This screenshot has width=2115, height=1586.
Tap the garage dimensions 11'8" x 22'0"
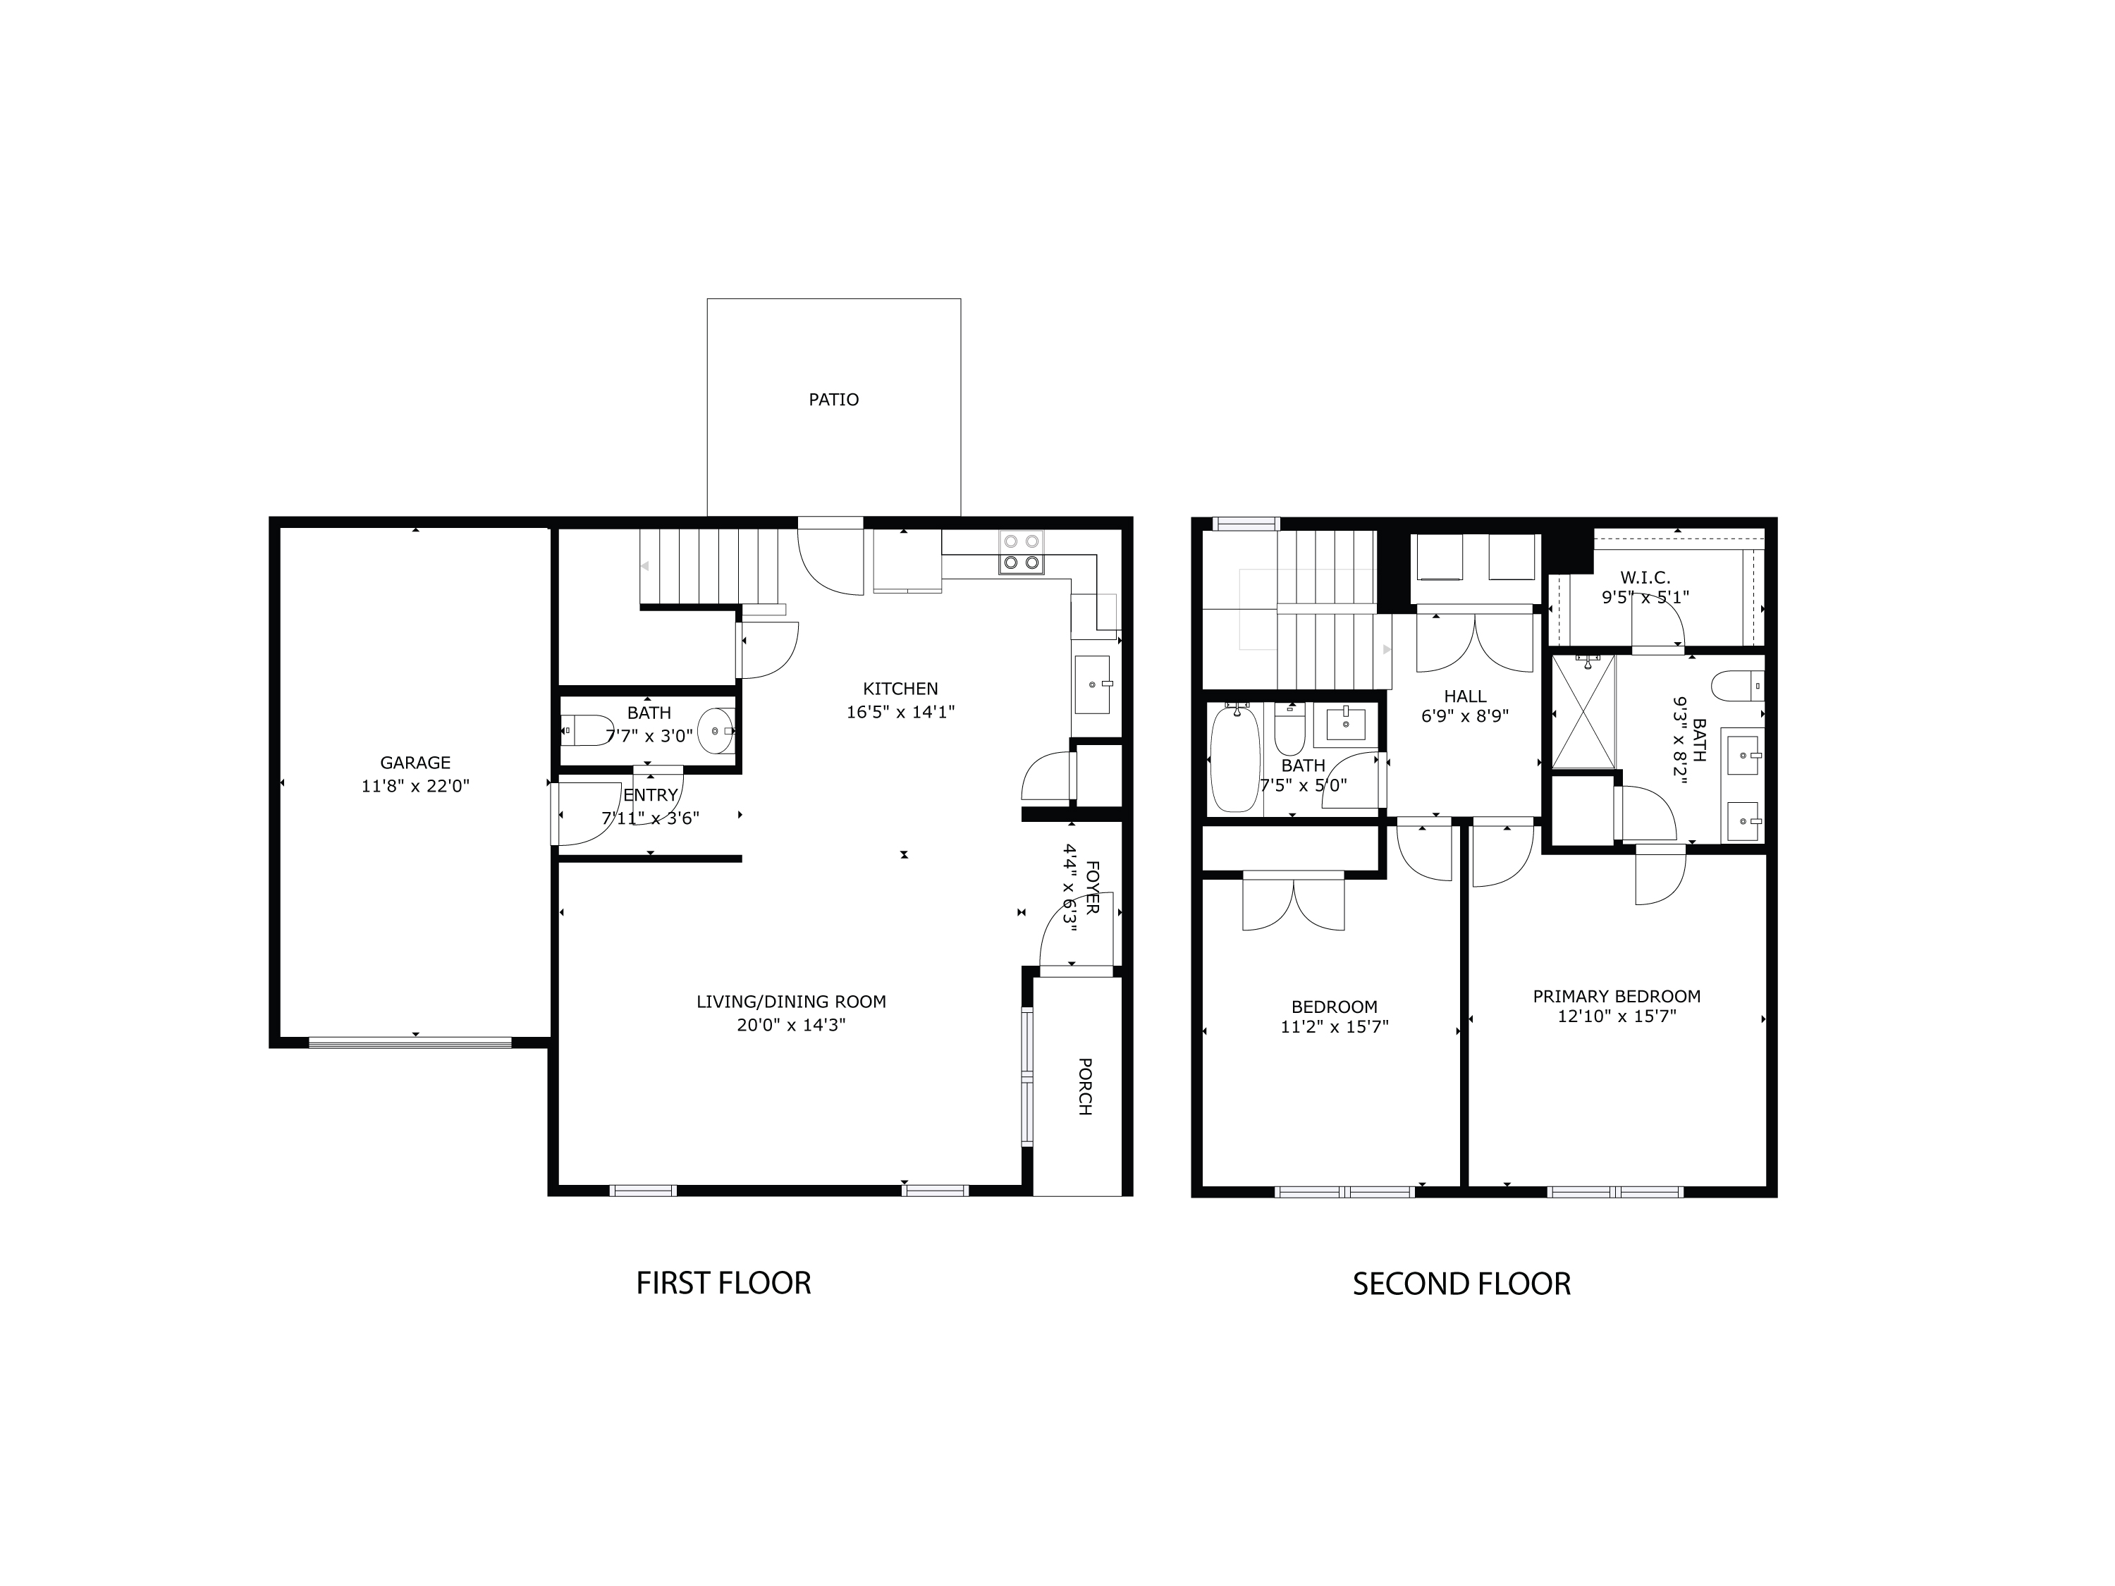click(x=415, y=787)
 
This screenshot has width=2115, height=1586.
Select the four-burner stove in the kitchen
click(x=1020, y=552)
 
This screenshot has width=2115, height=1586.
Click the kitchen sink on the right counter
click(x=1092, y=684)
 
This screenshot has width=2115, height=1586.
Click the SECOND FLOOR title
click(x=1461, y=1284)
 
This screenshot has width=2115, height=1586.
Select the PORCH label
click(x=1084, y=1086)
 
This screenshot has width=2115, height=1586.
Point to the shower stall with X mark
click(x=1583, y=712)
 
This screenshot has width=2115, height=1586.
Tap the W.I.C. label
click(x=1645, y=577)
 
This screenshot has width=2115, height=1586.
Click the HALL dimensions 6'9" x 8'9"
click(x=1465, y=715)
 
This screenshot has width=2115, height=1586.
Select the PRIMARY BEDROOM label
click(x=1616, y=996)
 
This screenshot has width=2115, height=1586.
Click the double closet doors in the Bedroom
click(x=1293, y=904)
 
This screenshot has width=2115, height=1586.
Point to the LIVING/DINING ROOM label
click(x=791, y=1002)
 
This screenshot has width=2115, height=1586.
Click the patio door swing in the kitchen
click(x=830, y=564)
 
